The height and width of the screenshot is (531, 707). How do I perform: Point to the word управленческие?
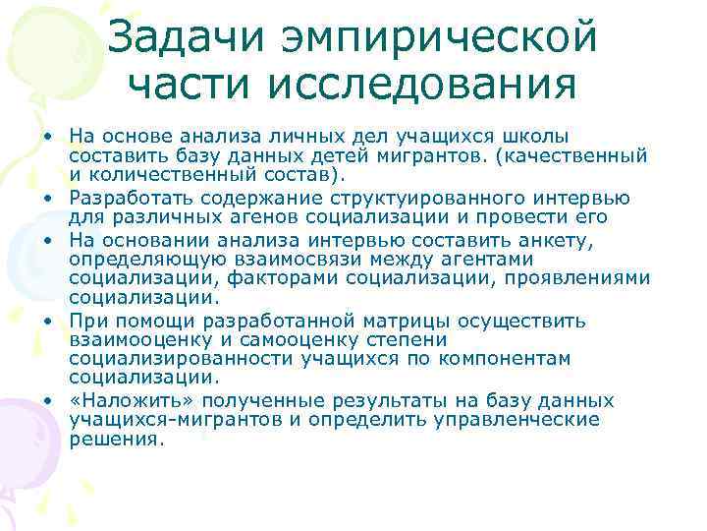pos(525,419)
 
